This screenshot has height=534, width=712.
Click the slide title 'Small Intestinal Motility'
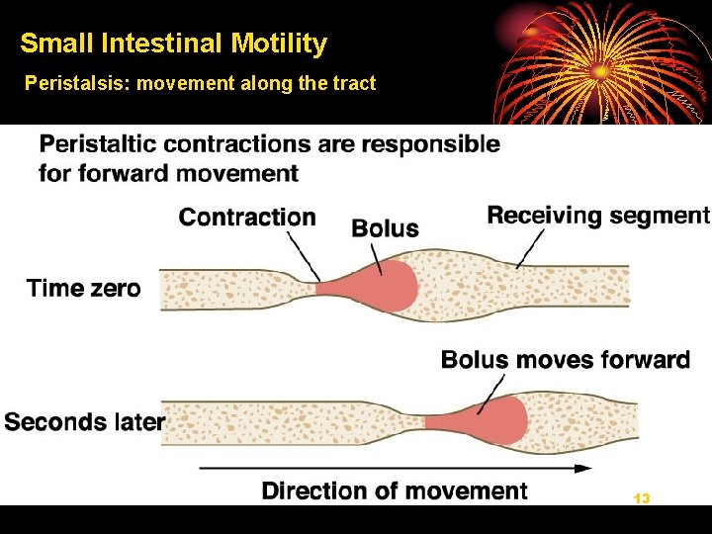[173, 44]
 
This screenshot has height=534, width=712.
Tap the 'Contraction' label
[247, 218]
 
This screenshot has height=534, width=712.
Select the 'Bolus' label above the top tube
[385, 228]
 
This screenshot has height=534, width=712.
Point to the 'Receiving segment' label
[598, 215]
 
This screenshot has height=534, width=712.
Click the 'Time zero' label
[83, 289]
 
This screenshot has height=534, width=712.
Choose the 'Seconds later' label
[84, 422]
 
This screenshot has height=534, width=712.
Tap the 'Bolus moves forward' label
[565, 359]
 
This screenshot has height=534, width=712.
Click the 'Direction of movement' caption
[395, 490]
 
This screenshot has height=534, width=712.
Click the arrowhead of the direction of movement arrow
[583, 468]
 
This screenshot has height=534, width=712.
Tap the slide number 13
[642, 498]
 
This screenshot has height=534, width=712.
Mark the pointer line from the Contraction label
[304, 255]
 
